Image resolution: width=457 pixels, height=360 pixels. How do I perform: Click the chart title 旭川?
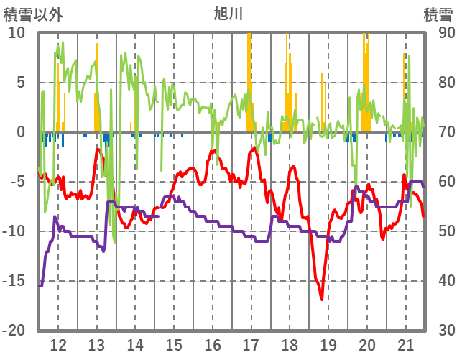click(x=228, y=13)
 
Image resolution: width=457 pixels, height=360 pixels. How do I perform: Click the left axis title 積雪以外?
click(x=33, y=13)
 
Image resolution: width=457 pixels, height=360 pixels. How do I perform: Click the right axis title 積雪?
click(x=437, y=13)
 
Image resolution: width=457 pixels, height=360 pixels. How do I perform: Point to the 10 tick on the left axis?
click(x=17, y=33)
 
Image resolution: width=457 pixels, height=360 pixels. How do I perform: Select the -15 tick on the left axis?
click(x=14, y=281)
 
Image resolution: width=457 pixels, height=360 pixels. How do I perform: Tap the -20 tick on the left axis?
click(x=14, y=331)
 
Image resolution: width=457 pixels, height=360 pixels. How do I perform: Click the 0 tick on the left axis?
click(x=20, y=132)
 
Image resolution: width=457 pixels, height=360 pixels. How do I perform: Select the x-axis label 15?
click(x=174, y=343)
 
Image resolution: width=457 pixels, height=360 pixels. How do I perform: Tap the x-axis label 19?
click(x=328, y=343)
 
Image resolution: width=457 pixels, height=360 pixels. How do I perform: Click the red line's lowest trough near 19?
click(x=321, y=298)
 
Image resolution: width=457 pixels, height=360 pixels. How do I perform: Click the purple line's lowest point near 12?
click(x=40, y=285)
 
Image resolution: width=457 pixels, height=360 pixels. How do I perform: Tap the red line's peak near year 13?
click(x=98, y=149)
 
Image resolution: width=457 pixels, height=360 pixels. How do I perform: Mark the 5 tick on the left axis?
click(x=20, y=83)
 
